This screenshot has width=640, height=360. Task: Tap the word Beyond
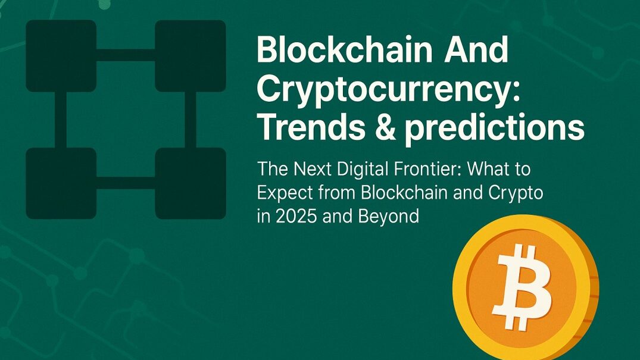click(x=389, y=217)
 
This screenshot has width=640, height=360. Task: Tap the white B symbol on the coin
click(x=523, y=286)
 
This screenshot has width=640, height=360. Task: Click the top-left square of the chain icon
click(x=61, y=56)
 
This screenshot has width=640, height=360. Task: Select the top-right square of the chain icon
click(x=190, y=56)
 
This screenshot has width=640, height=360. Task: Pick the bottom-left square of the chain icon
click(x=61, y=183)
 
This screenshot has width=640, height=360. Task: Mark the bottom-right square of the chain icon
click(x=190, y=183)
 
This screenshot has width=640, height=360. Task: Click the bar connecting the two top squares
click(x=126, y=55)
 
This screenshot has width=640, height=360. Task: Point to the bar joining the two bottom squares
click(x=126, y=183)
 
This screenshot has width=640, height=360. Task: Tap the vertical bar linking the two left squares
click(x=61, y=120)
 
